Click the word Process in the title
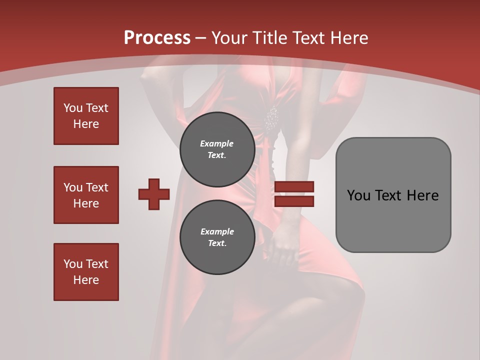(x=157, y=38)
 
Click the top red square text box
(x=86, y=116)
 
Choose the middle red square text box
(x=86, y=195)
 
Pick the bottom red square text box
(x=86, y=272)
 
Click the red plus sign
(x=154, y=194)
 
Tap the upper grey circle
(x=217, y=149)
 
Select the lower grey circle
(x=217, y=237)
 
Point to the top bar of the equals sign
(x=294, y=186)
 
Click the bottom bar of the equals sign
(x=294, y=201)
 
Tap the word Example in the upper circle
(x=217, y=143)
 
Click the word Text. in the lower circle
(x=217, y=243)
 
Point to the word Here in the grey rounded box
(x=423, y=195)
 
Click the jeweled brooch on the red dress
(x=271, y=119)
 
